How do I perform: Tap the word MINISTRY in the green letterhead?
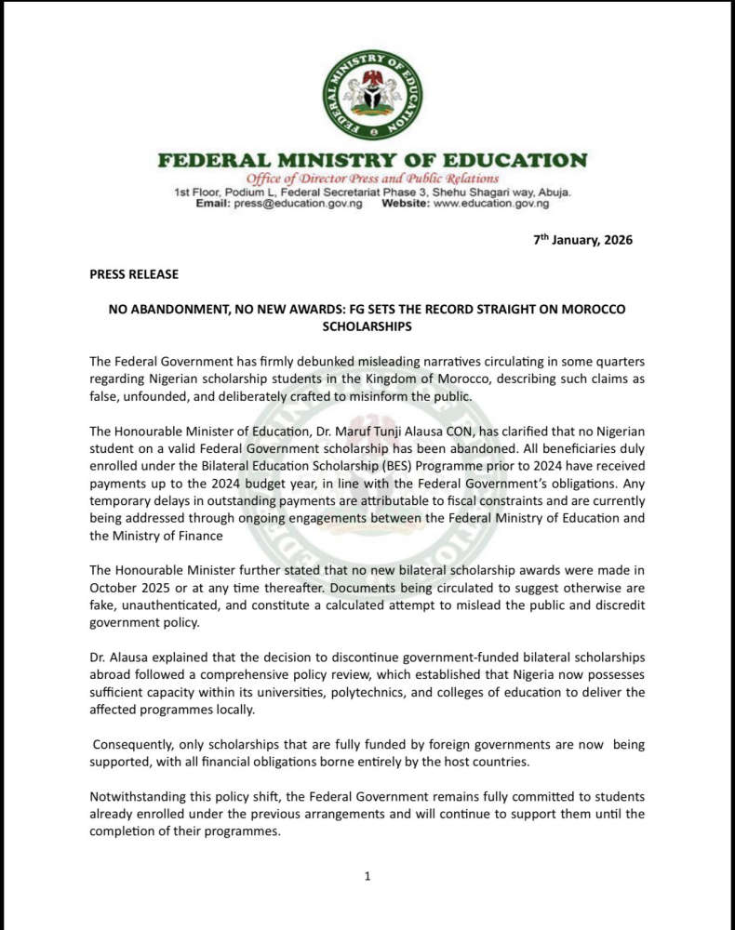click(x=348, y=161)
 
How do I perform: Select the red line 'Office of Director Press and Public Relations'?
click(x=372, y=179)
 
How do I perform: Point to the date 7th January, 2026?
click(x=582, y=240)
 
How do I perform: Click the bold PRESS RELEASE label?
click(x=134, y=274)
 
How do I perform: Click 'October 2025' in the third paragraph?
click(x=129, y=587)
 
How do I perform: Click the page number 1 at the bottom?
click(x=367, y=875)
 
